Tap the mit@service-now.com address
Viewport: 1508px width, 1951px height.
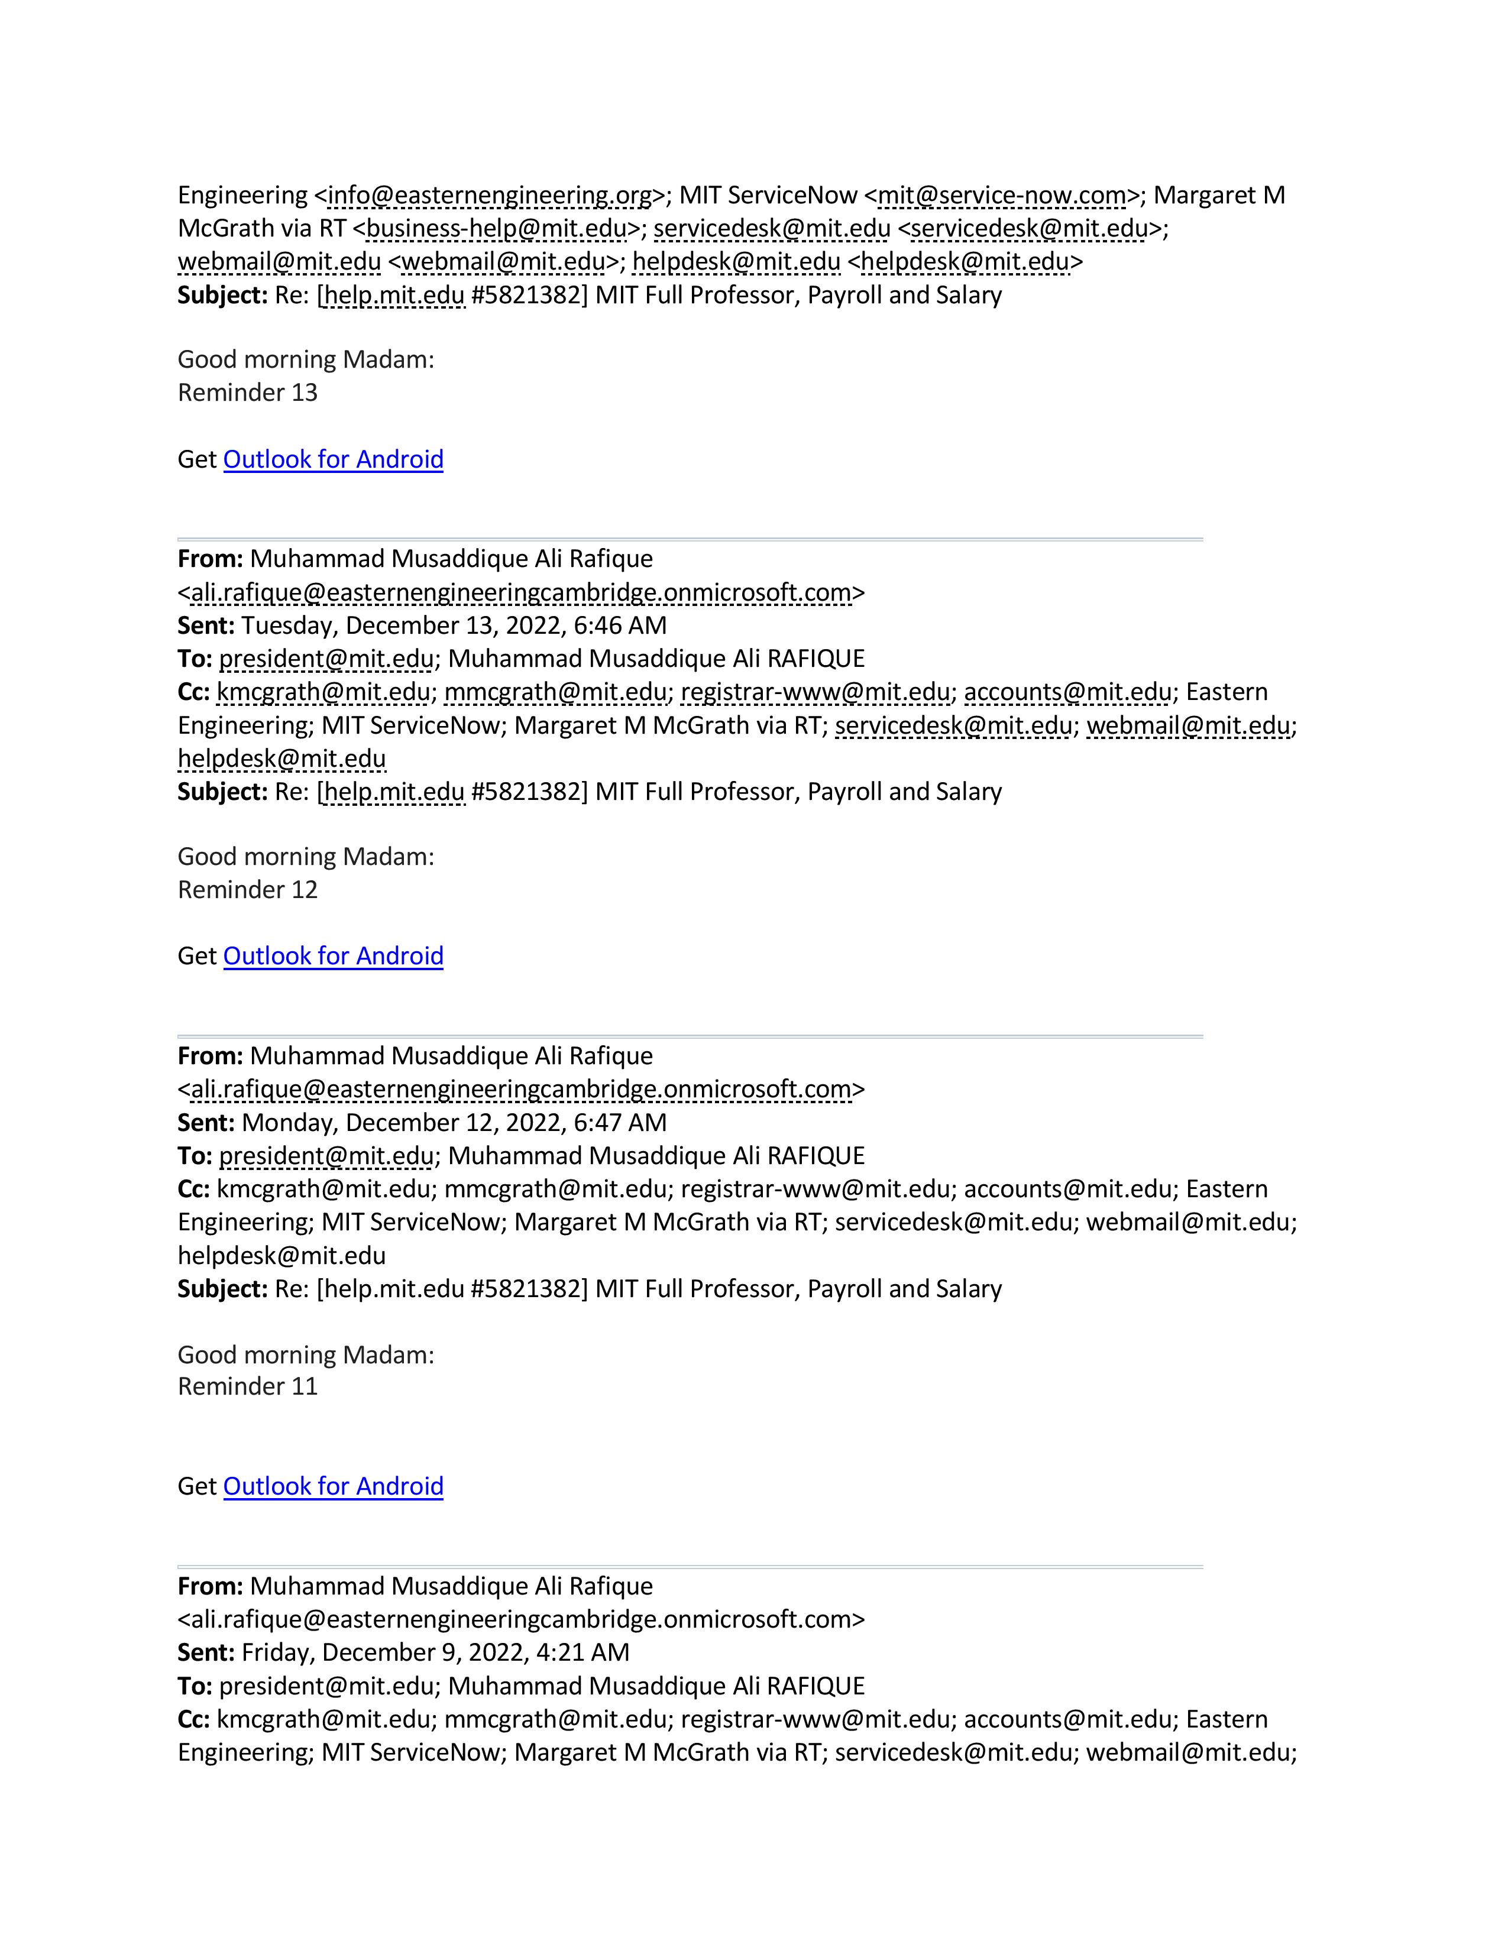click(x=1001, y=196)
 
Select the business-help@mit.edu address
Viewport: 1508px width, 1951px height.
click(x=497, y=229)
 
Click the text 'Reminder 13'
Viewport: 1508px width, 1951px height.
click(x=247, y=393)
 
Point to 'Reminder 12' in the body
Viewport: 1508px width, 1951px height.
click(x=247, y=890)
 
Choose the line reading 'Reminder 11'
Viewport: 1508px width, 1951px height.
click(x=247, y=1386)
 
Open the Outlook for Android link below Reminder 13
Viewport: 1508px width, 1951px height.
click(x=333, y=459)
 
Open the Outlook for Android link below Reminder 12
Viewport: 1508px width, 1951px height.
click(x=333, y=956)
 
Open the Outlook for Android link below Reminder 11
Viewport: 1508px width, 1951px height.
click(x=333, y=1486)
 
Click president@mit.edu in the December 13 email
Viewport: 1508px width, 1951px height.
click(x=326, y=659)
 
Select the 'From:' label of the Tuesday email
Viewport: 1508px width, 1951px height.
click(x=210, y=559)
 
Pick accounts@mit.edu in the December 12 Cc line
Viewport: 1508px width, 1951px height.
click(x=1067, y=1189)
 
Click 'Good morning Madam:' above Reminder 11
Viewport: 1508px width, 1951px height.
click(x=306, y=1354)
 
